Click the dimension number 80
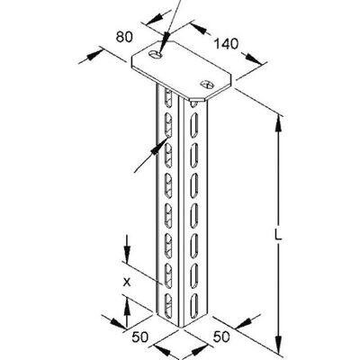pos(124,37)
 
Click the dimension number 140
pos(226,44)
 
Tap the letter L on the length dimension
pos(279,236)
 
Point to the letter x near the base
pos(127,283)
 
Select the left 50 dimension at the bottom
pos(139,337)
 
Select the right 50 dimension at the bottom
pos(221,337)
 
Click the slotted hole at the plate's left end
pos(156,55)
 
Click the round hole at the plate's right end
pos(207,84)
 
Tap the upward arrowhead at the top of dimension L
pos(279,123)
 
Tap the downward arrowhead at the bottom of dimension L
pos(279,345)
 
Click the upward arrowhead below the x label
pos(127,307)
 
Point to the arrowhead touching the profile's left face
pos(159,147)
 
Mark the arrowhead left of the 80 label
pos(95,55)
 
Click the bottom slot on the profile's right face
pos(194,303)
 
